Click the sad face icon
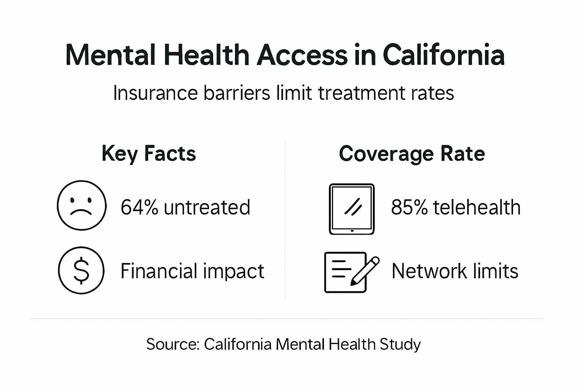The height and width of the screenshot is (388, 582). [x=81, y=205]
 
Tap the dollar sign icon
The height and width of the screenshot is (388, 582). [x=81, y=271]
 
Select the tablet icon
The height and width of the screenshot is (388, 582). [x=352, y=209]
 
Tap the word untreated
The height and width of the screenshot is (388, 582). [x=207, y=207]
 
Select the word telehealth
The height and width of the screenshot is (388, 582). [x=477, y=207]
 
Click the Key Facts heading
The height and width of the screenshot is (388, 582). [x=149, y=153]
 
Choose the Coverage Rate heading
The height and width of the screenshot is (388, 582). [x=412, y=153]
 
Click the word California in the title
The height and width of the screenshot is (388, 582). [x=444, y=55]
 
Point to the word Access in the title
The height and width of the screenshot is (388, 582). [x=302, y=55]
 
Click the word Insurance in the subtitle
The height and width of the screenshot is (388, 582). [x=155, y=93]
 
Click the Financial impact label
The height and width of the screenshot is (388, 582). [x=192, y=271]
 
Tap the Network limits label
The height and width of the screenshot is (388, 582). [x=455, y=271]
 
